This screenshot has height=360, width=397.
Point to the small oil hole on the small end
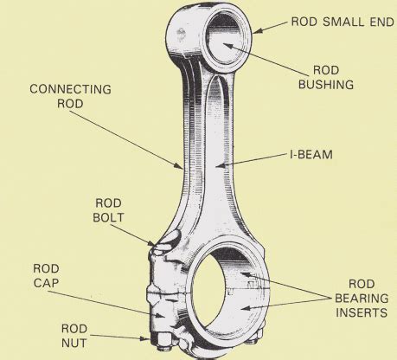coord(181,34)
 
